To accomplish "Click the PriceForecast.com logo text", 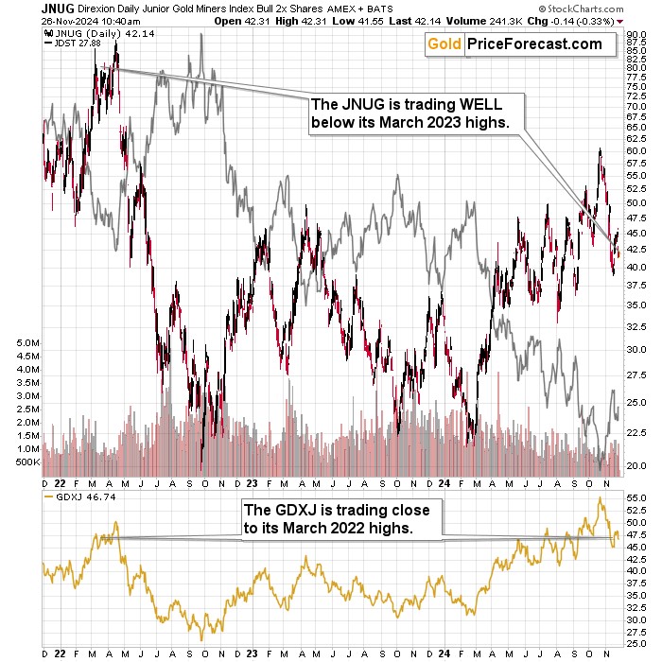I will [536, 44].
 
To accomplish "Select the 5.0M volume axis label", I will [27, 342].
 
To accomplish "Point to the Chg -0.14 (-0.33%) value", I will [596, 20].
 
